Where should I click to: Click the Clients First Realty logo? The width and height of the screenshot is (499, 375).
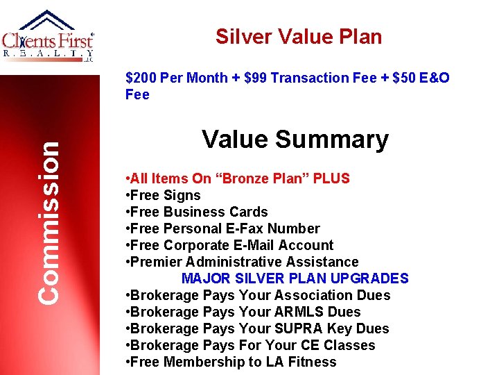[x=48, y=37]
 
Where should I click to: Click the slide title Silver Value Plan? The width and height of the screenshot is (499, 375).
[x=299, y=37]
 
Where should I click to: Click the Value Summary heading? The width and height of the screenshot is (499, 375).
[x=295, y=140]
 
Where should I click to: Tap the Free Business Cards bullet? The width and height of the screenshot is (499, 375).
[x=197, y=212]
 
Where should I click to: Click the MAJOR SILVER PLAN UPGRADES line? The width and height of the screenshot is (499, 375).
[x=295, y=278]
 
